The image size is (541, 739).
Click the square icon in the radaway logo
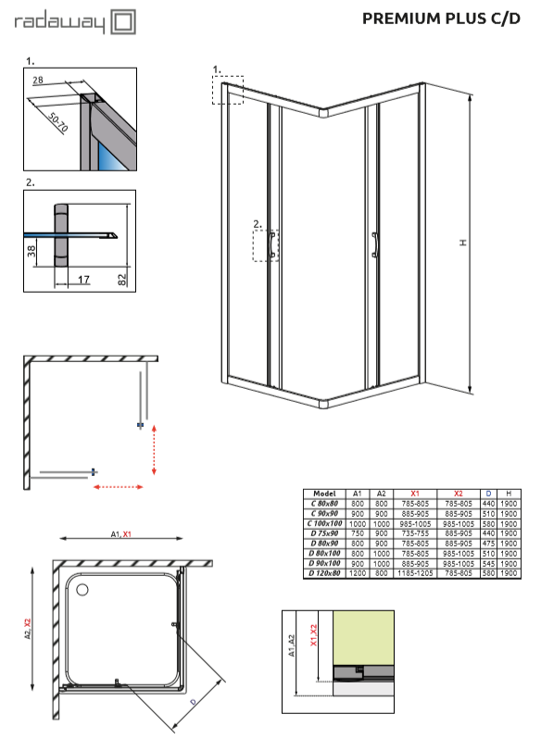click(x=123, y=21)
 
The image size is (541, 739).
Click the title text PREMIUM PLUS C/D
click(x=441, y=19)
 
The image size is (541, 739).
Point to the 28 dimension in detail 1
click(x=38, y=80)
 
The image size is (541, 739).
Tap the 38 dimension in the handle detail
click(x=31, y=251)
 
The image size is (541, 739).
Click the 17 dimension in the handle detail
click(x=83, y=280)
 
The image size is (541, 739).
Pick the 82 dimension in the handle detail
click(x=122, y=280)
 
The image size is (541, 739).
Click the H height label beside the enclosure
click(x=464, y=243)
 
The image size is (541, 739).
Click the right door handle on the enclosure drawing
click(x=374, y=245)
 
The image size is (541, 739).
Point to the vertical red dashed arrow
click(x=154, y=450)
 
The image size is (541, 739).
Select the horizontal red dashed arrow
click(x=119, y=487)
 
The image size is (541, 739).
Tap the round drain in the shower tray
click(x=82, y=590)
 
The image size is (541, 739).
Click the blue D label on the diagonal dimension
click(x=194, y=702)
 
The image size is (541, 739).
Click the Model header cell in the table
click(x=324, y=494)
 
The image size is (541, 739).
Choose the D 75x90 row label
click(x=324, y=533)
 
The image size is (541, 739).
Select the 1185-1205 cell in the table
click(x=415, y=573)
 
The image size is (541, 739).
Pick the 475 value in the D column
click(x=488, y=544)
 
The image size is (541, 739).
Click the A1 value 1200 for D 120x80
click(x=358, y=573)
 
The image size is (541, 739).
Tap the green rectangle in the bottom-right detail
click(x=363, y=638)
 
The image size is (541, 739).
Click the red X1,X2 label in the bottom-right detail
click(x=314, y=634)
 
